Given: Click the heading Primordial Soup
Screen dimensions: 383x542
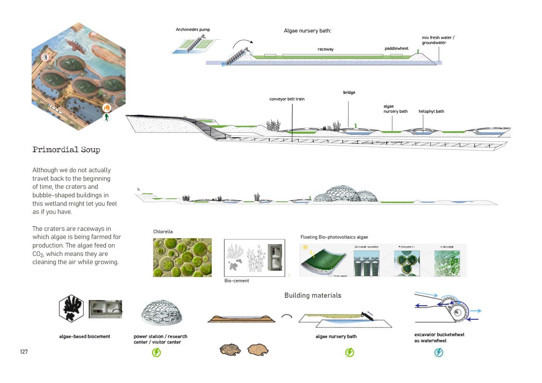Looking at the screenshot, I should (x=66, y=150).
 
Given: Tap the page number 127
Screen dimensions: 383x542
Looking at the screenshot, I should (x=24, y=352).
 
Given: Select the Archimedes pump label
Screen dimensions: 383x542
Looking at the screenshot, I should (x=193, y=30).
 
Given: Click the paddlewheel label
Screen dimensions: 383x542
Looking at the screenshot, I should (x=396, y=49).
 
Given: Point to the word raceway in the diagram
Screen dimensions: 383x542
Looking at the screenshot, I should (x=326, y=49).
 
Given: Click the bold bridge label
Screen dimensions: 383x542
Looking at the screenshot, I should (x=349, y=93).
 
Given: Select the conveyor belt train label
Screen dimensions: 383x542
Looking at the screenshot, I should (x=287, y=99).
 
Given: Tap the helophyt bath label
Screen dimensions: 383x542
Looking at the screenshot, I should (x=431, y=112).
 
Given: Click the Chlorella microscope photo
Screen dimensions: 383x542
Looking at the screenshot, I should (x=182, y=258).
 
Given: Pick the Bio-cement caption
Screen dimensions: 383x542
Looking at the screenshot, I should (x=236, y=281).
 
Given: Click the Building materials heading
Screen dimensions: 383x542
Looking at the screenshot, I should (x=313, y=295).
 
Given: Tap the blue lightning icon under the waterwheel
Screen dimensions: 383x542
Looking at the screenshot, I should (x=439, y=352).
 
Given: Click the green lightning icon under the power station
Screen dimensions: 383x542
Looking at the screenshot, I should (x=156, y=352).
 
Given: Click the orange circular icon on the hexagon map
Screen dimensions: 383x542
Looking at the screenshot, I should (x=107, y=108).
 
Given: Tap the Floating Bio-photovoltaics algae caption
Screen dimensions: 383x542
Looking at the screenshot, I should (x=334, y=237).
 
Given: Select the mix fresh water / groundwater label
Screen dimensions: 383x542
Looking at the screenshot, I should (x=438, y=40).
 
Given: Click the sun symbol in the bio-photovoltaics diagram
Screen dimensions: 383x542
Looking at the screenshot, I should (x=306, y=247).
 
